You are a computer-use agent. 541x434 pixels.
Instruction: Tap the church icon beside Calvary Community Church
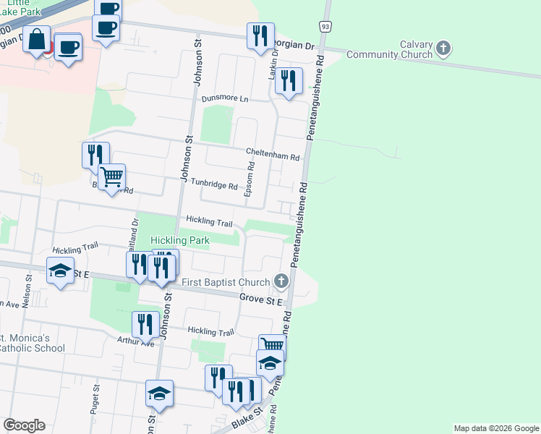point(443,49)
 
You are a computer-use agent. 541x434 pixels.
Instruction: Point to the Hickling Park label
point(179,239)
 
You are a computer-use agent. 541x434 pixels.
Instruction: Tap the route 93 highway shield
point(326,27)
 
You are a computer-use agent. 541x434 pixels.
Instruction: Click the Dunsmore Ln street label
point(225,98)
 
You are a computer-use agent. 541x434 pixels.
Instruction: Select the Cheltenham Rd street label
point(273,157)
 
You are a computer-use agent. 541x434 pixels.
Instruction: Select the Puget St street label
point(95,399)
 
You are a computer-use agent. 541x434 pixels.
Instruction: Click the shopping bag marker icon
point(37,39)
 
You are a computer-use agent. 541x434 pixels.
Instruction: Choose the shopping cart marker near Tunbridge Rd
point(112,176)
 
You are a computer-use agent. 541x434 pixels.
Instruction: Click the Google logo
point(24,425)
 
